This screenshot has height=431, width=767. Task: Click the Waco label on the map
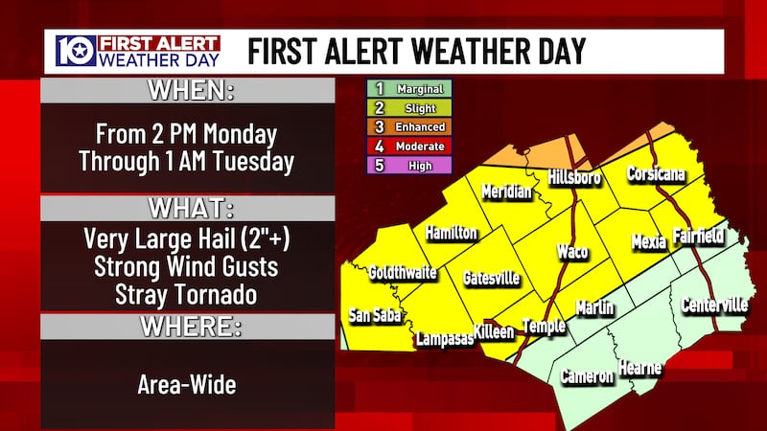[572, 252]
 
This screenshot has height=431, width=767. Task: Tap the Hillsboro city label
[573, 177]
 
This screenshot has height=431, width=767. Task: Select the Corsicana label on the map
[655, 174]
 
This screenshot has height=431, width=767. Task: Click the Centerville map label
[713, 306]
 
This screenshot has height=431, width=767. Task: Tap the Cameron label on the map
[587, 375]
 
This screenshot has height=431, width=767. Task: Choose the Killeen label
[493, 331]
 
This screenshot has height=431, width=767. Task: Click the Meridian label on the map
[506, 191]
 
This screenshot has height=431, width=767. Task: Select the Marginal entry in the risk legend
[410, 89]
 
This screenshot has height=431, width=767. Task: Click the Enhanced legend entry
[410, 126]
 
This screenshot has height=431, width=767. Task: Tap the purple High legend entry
[410, 164]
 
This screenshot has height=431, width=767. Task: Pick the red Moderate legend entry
[410, 146]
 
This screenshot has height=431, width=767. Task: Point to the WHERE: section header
[188, 326]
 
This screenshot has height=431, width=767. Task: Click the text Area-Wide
[188, 386]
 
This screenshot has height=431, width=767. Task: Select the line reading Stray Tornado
[188, 290]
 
